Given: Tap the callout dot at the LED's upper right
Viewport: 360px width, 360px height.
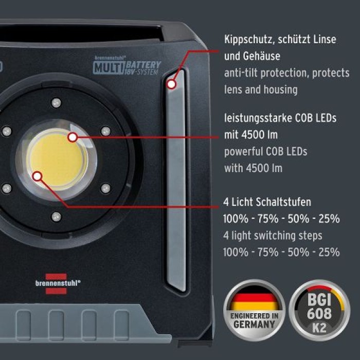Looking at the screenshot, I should click(73, 137).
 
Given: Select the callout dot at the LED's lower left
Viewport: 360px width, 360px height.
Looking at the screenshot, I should click(37, 176).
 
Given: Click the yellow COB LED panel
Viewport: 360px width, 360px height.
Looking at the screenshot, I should click(57, 157).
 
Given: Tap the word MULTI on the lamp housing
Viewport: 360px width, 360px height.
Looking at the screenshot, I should click(107, 67).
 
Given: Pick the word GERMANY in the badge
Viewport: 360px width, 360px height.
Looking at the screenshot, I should click(254, 325).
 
